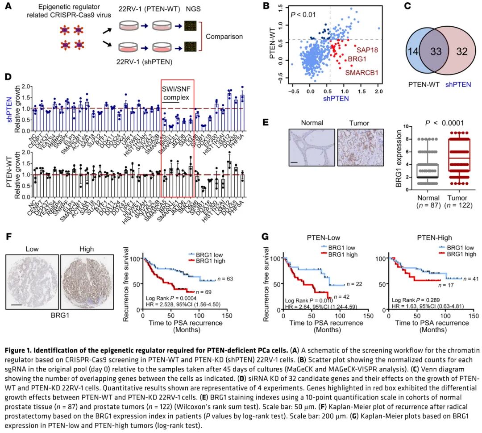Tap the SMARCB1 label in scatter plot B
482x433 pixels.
coord(363,71)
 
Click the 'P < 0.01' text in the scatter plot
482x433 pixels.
coord(304,15)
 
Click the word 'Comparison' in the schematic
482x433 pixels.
coord(227,37)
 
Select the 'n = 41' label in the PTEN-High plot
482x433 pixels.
coord(472,278)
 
